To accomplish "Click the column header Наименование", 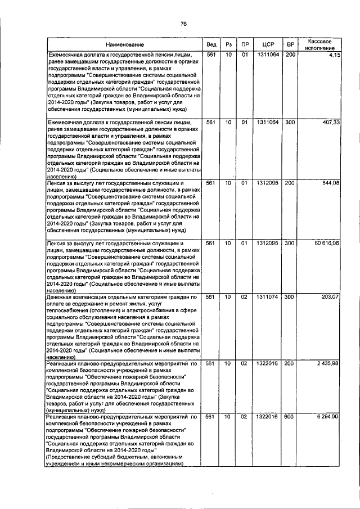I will coord(124,44).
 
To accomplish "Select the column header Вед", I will coord(211,44).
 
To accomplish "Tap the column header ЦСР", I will coord(268,44).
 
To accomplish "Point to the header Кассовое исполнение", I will coord(320,44).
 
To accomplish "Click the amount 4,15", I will coord(334,55).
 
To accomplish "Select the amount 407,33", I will coord(330,122).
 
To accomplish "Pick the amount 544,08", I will coord(330,183).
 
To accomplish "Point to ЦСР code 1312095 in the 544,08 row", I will coord(268,183).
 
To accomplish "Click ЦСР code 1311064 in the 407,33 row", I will coord(268,122).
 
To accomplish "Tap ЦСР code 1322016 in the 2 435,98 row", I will coord(268,364).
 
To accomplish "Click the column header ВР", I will coord(290,44).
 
